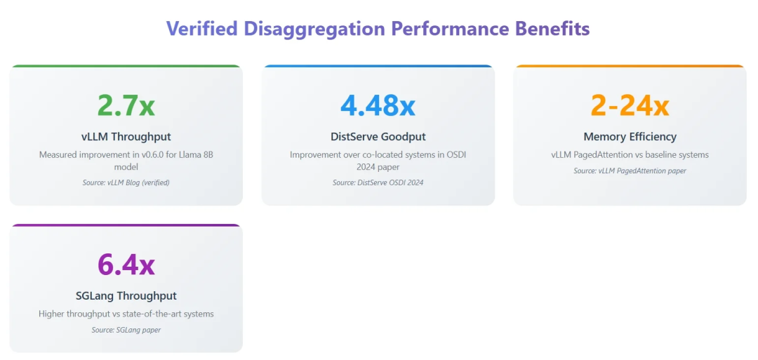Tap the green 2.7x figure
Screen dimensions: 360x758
[x=126, y=105]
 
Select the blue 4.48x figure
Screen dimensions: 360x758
[x=378, y=105]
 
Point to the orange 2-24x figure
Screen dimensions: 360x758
[x=630, y=105]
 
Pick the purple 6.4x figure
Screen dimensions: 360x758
[x=126, y=265]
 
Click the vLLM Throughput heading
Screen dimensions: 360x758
[x=126, y=137]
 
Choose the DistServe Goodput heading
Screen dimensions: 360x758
[x=378, y=137]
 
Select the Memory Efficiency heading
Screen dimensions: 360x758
[x=630, y=137]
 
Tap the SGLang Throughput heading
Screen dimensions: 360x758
[x=126, y=296]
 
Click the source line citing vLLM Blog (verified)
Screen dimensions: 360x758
[x=126, y=182]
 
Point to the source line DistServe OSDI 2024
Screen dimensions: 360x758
[x=378, y=182]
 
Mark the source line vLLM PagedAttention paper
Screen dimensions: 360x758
[x=630, y=171]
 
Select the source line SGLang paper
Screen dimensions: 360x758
[x=126, y=330]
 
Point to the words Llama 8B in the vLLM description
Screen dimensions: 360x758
[x=196, y=154]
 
